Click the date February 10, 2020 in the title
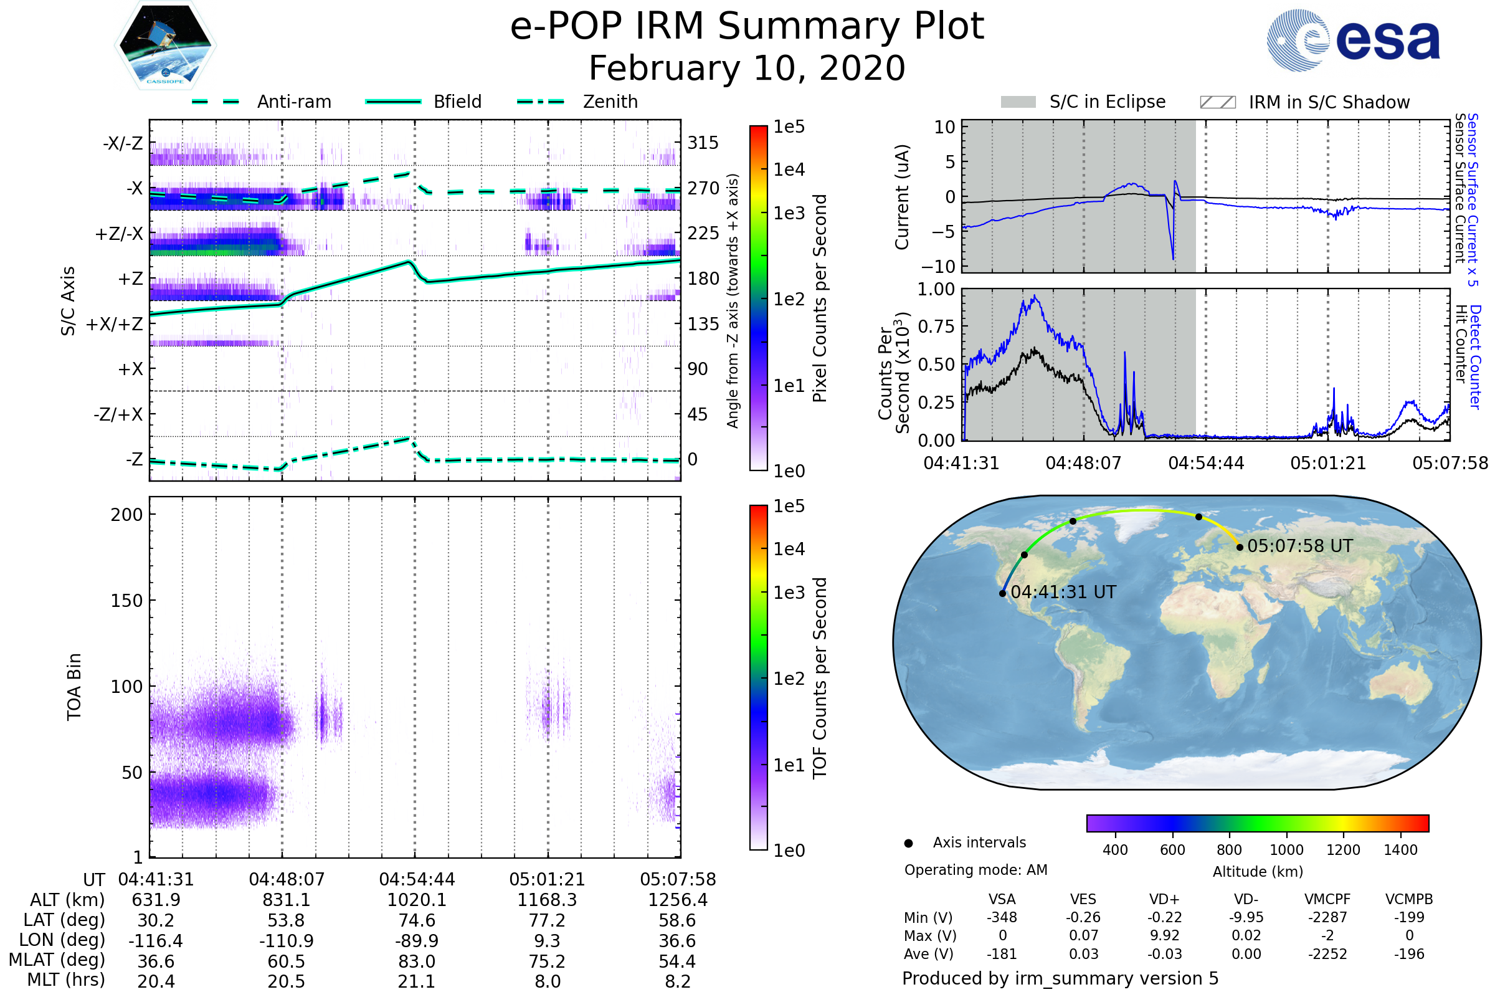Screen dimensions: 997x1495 click(x=747, y=69)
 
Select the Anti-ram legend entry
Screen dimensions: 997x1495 click(x=293, y=102)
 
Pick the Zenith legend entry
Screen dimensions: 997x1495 click(x=610, y=102)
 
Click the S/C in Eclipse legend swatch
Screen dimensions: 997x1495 click(x=1018, y=102)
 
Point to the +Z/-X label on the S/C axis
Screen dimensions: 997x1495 click(x=119, y=234)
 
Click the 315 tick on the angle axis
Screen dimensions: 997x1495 click(x=703, y=143)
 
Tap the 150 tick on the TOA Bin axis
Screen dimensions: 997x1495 click(x=126, y=601)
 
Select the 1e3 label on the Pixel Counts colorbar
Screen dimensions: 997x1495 click(x=789, y=214)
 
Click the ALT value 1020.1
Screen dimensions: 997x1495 click(x=416, y=900)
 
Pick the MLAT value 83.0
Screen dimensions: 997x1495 click(x=416, y=961)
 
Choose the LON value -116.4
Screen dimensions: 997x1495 click(x=156, y=941)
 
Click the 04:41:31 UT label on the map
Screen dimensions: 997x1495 click(x=1063, y=593)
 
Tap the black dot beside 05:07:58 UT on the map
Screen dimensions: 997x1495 click(x=1240, y=548)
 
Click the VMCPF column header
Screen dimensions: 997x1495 click(x=1327, y=900)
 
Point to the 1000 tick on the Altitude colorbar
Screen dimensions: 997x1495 click(x=1286, y=851)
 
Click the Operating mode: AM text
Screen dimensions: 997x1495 click(x=975, y=871)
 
